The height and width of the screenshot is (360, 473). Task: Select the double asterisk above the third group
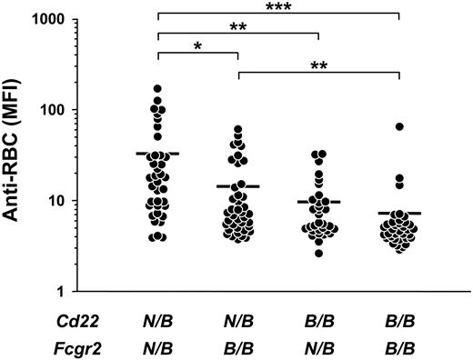[238, 27]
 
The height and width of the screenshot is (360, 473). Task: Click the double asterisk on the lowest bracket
[318, 66]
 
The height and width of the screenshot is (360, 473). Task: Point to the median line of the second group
[238, 186]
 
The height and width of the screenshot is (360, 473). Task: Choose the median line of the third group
[318, 202]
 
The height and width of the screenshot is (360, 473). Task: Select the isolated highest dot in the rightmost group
[398, 127]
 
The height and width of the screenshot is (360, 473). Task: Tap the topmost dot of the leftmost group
[158, 89]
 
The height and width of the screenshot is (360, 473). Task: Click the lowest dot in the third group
[318, 253]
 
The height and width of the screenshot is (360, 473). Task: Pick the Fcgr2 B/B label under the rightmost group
[398, 344]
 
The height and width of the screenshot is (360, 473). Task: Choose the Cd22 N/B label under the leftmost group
[158, 318]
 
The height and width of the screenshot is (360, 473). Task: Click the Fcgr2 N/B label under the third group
[318, 344]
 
